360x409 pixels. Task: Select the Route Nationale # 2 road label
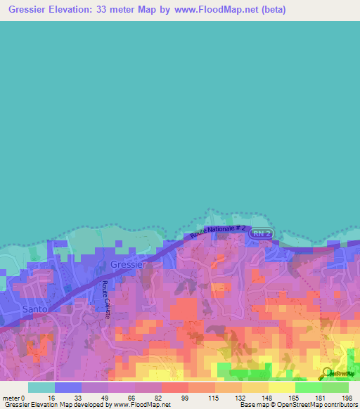(218, 231)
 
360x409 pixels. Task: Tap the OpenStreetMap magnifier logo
(326, 372)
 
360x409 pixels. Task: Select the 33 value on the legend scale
(82, 398)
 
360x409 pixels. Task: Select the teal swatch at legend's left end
(41, 387)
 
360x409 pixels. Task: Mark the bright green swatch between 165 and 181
(309, 387)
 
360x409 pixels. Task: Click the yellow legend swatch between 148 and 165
(282, 387)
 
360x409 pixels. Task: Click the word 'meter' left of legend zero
(11, 398)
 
